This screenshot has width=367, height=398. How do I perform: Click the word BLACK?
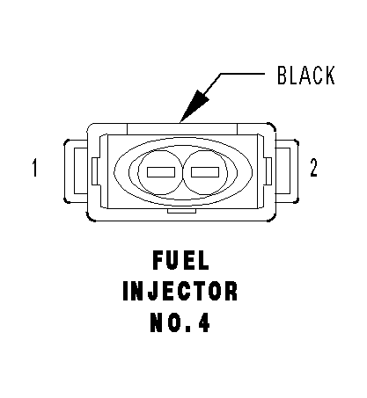(306, 76)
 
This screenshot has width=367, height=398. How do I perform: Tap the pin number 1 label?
(35, 168)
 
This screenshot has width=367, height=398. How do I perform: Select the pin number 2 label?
(313, 168)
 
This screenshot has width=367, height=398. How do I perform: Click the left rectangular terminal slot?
(161, 172)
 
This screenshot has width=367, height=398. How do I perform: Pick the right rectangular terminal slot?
(205, 172)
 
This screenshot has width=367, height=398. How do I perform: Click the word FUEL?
(180, 261)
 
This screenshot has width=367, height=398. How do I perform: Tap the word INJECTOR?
(180, 291)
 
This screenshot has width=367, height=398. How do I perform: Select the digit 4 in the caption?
(204, 322)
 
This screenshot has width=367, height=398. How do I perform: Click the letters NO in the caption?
(165, 322)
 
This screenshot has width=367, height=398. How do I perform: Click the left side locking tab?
(76, 171)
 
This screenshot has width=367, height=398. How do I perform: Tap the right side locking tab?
(287, 171)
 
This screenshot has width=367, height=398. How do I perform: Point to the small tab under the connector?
(181, 211)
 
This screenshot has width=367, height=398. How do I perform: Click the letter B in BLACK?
(282, 76)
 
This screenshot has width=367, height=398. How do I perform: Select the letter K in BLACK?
(330, 76)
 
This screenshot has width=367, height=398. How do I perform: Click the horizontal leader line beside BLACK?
(242, 74)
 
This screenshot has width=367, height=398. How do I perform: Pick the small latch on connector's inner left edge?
(95, 171)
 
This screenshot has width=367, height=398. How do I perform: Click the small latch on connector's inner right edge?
(268, 171)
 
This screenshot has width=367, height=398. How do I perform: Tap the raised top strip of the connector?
(182, 129)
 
